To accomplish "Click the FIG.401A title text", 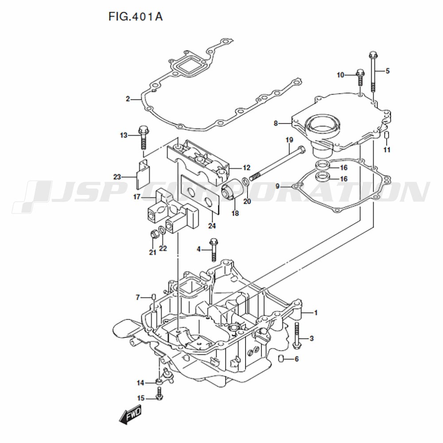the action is pyautogui.click(x=135, y=17).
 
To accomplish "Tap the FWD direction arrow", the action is pyautogui.click(x=130, y=415).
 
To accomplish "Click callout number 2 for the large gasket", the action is pyautogui.click(x=128, y=99).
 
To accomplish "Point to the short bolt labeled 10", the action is pyautogui.click(x=360, y=77).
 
